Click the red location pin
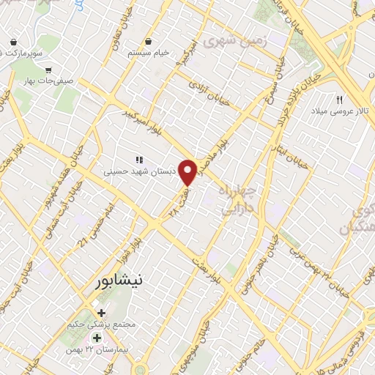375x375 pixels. click(188, 172)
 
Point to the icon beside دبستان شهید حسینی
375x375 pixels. click(138, 159)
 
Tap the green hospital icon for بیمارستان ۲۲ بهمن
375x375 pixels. click(96, 338)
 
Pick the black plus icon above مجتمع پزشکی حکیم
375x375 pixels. click(101, 313)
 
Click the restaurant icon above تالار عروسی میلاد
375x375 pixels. click(339, 100)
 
